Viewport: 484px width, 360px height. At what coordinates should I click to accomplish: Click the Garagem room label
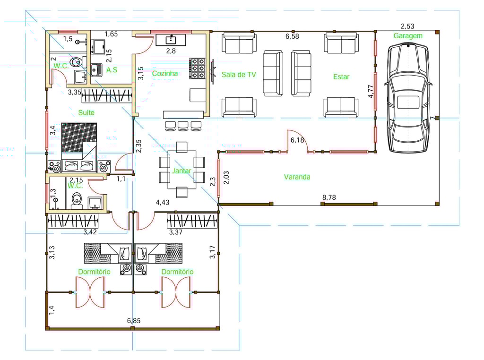(x=408, y=36)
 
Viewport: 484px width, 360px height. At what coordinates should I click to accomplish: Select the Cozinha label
(x=165, y=73)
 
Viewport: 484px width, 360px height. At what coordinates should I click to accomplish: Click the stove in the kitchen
(x=198, y=68)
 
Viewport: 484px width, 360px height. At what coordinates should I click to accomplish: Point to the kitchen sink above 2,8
(x=171, y=40)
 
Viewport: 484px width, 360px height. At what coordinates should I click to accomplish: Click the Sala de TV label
(x=239, y=75)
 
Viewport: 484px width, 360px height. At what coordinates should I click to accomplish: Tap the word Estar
(x=341, y=77)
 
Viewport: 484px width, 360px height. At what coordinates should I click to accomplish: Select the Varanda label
(x=297, y=177)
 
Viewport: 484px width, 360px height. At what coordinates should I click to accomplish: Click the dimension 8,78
(x=329, y=197)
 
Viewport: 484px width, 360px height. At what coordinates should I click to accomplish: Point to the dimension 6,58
(x=292, y=36)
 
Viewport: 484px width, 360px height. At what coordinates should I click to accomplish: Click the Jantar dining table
(x=182, y=169)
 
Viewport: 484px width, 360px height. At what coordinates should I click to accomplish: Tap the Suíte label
(x=86, y=112)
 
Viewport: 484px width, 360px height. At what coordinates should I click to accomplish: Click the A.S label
(x=112, y=70)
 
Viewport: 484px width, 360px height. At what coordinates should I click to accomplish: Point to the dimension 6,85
(x=134, y=321)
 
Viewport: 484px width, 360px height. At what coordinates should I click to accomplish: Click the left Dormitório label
(x=94, y=272)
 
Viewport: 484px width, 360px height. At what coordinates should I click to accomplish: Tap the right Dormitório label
(x=178, y=272)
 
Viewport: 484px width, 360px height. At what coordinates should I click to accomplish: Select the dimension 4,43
(x=163, y=202)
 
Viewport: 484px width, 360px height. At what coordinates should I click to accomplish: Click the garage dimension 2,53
(x=407, y=26)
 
